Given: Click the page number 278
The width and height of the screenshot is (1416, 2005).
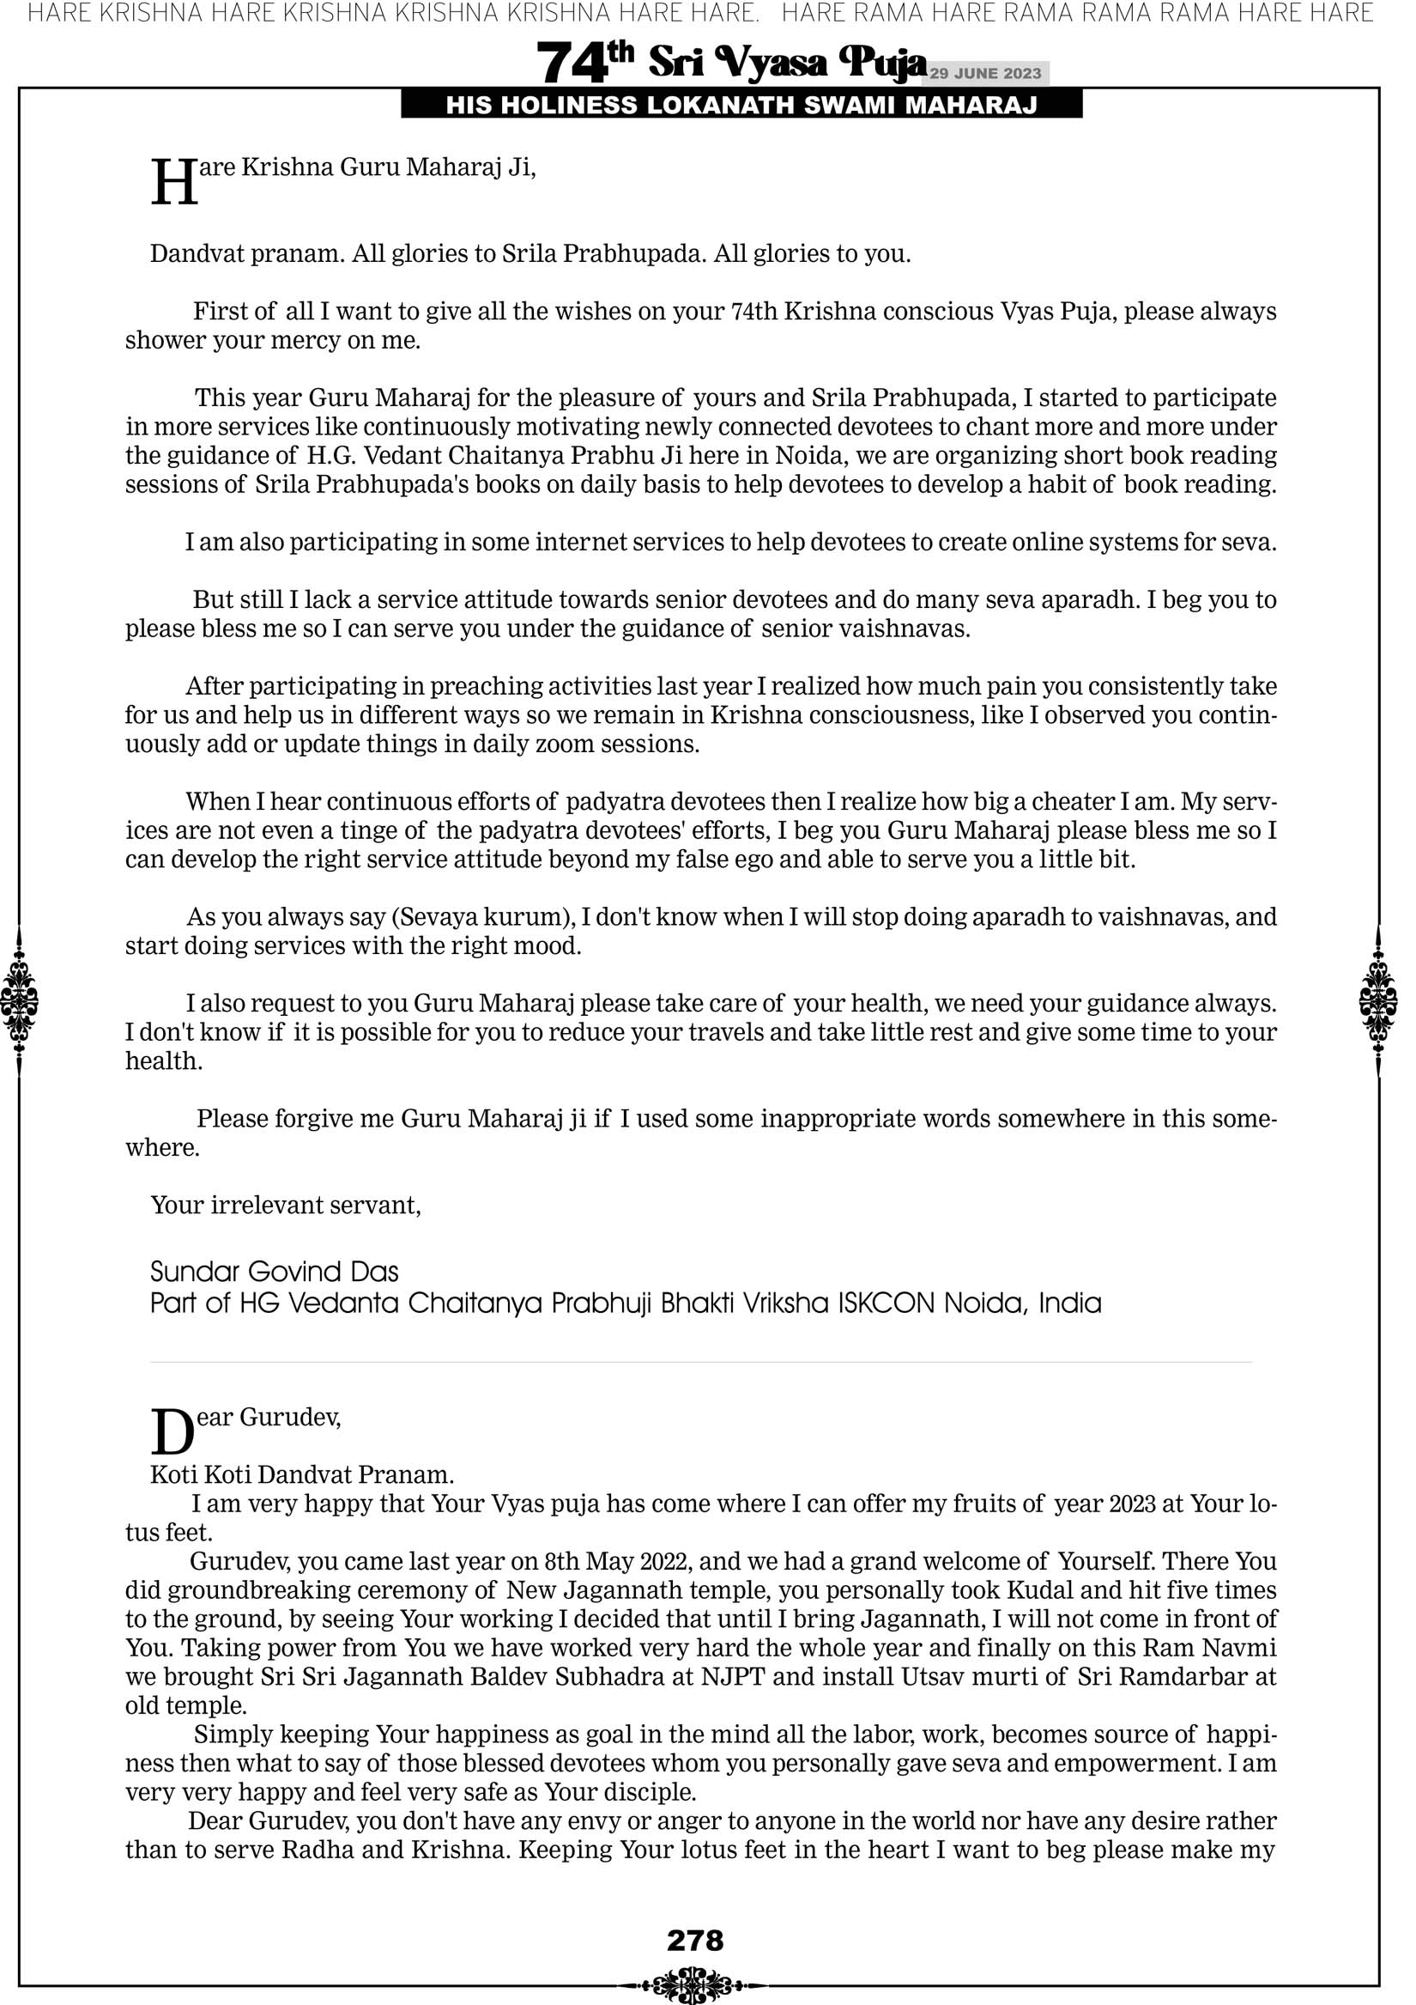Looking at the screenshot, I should click(x=695, y=1941).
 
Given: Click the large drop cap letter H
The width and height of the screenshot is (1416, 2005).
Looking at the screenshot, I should click(x=173, y=184).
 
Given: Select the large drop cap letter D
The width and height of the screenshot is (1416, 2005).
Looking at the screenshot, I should click(x=172, y=1433).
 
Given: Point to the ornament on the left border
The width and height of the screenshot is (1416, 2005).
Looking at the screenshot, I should click(x=19, y=1000).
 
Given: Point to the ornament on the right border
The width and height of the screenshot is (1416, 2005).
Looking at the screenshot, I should click(x=1378, y=1000).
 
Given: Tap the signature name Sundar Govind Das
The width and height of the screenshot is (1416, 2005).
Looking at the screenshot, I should click(x=274, y=1272).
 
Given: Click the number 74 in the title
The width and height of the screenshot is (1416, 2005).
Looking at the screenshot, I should click(x=571, y=64).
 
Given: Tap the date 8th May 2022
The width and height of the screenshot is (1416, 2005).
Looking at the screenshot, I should click(x=617, y=1561).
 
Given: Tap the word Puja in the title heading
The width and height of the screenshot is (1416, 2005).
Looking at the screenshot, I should click(x=882, y=61).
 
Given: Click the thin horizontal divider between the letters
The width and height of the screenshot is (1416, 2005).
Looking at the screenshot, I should click(x=700, y=1362).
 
